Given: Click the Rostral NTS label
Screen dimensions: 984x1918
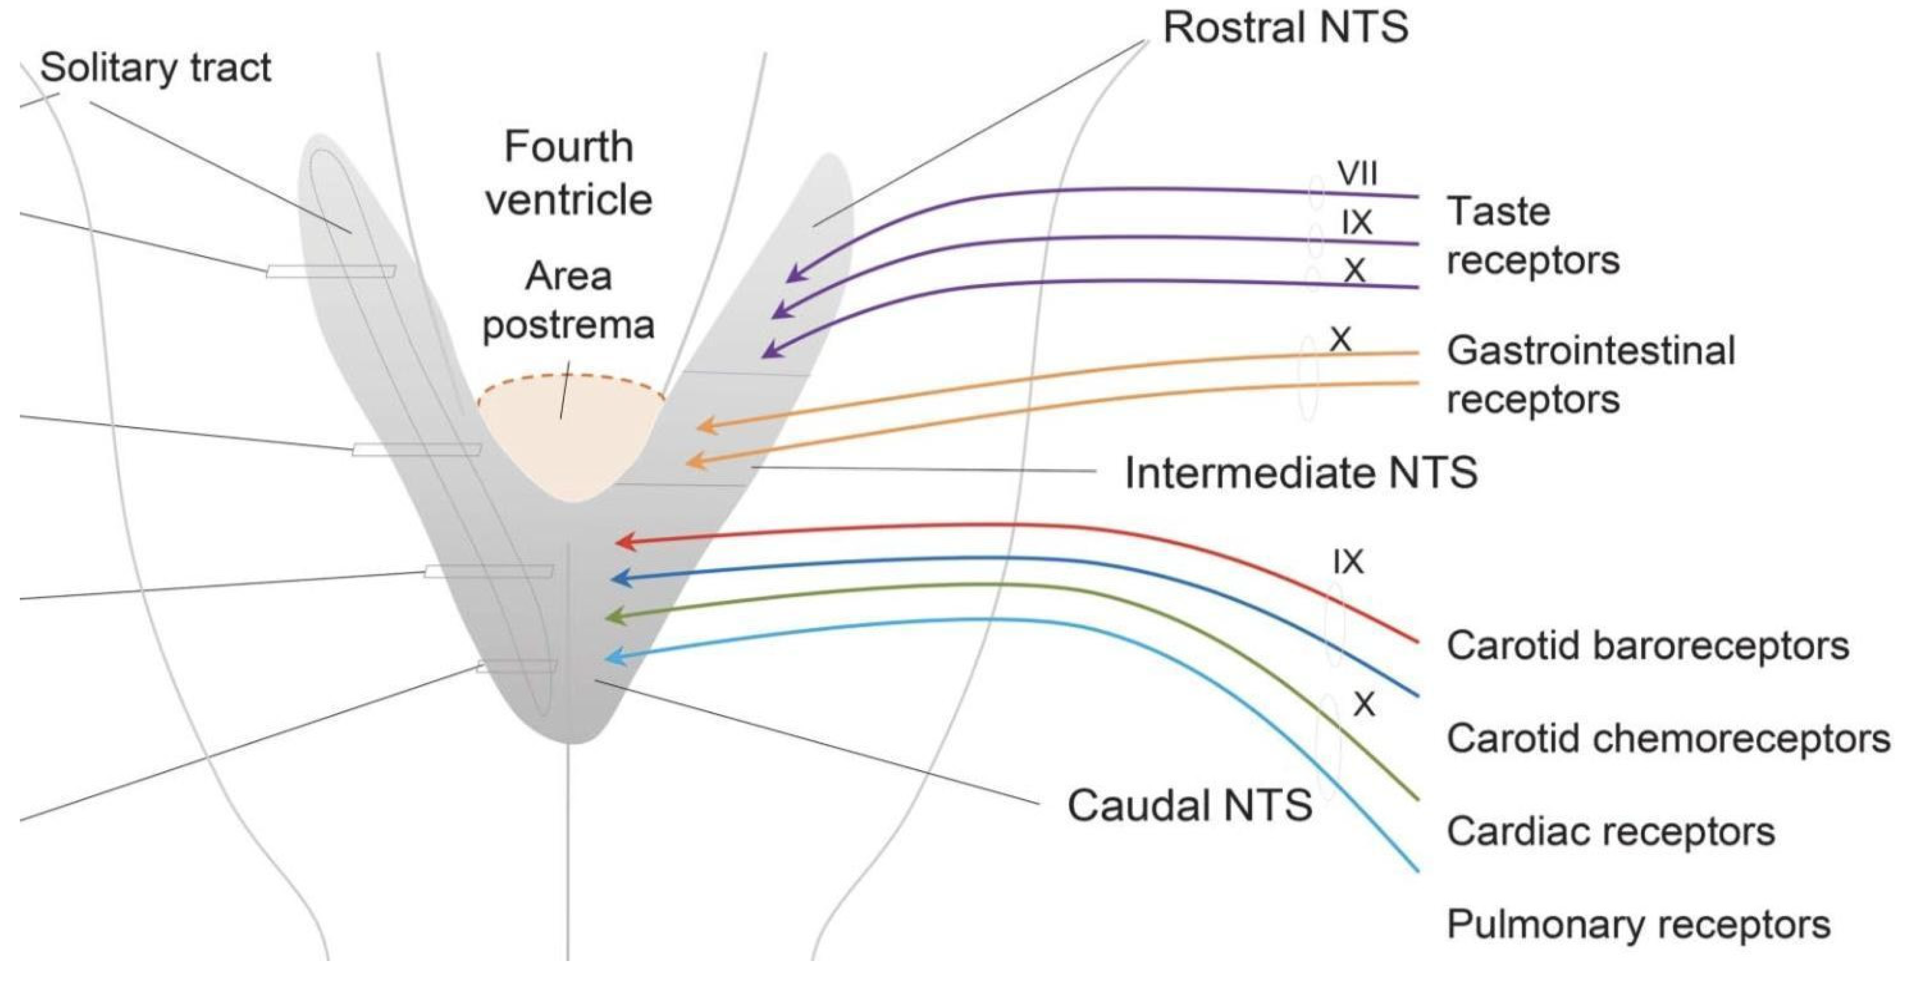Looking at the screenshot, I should pos(1285,28).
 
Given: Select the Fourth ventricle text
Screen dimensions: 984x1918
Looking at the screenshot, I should pos(569,173).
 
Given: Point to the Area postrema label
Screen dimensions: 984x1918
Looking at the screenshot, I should pos(569,301).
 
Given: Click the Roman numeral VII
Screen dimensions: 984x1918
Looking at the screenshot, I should pos(1357,174).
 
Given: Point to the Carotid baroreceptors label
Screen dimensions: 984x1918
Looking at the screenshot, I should pos(1647,646).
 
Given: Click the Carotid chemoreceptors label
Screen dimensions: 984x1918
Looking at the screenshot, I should pos(1668,739).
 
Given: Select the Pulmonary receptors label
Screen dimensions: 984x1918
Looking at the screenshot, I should pos(1638,925).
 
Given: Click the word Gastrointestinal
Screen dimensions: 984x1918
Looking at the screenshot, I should pos(1590,351).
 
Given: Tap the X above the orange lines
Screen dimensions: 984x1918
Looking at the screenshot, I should pos(1340,340).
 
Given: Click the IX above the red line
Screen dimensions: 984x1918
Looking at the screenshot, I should pos(1349,562).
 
